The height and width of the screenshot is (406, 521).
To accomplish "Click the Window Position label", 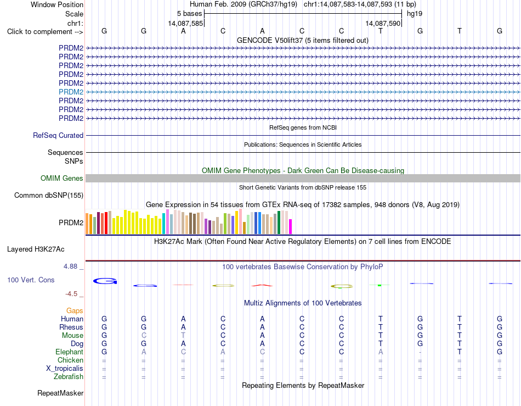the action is click(x=57, y=4).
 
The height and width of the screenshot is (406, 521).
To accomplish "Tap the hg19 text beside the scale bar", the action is click(x=415, y=14).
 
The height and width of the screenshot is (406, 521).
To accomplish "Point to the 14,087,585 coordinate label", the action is click(x=185, y=23).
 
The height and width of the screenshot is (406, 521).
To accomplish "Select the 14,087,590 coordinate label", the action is click(x=383, y=23).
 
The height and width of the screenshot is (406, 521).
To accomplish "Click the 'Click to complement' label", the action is click(x=45, y=32).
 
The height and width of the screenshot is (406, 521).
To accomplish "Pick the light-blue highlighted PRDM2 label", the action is click(x=71, y=92).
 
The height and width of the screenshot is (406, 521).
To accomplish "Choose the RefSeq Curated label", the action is click(x=58, y=136).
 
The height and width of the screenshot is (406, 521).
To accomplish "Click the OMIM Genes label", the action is click(x=62, y=179).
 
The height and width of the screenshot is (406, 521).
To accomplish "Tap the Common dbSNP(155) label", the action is click(x=49, y=196).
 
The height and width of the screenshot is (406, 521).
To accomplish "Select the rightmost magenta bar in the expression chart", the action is click(x=291, y=227).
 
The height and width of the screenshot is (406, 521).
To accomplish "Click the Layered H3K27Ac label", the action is click(x=36, y=249).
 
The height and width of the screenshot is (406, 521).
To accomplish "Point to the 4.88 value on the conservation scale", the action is click(x=70, y=266).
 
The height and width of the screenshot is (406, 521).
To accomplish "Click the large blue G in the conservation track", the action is click(x=105, y=281).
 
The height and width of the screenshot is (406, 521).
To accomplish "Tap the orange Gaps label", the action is click(x=75, y=310).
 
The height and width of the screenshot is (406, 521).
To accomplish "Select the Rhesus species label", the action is click(x=71, y=327).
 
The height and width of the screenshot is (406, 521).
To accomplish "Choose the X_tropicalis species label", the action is click(x=65, y=369).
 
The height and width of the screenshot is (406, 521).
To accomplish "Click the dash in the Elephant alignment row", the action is click(x=420, y=352).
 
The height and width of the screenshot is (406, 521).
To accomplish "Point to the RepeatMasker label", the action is click(x=60, y=393).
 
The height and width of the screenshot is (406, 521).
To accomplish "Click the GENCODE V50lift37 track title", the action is click(x=303, y=41).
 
